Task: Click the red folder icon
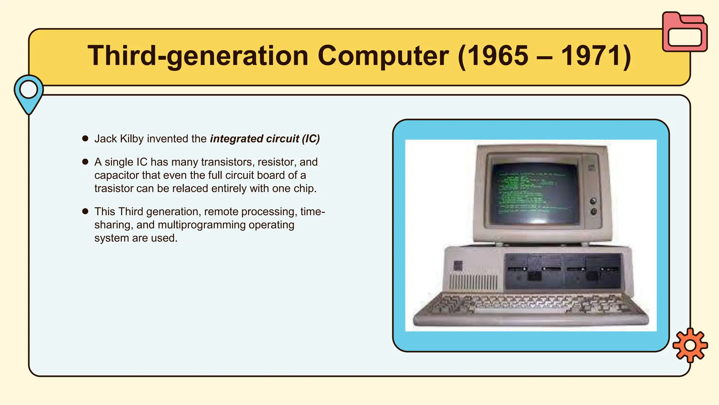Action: click(x=685, y=32)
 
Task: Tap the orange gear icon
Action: click(x=690, y=345)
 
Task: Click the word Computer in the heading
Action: click(x=383, y=56)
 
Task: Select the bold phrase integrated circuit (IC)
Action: click(x=265, y=139)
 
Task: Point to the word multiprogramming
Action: click(x=202, y=225)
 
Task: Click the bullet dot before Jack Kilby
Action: click(x=85, y=139)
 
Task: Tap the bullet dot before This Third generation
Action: click(x=85, y=211)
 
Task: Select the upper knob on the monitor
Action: click(x=593, y=201)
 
